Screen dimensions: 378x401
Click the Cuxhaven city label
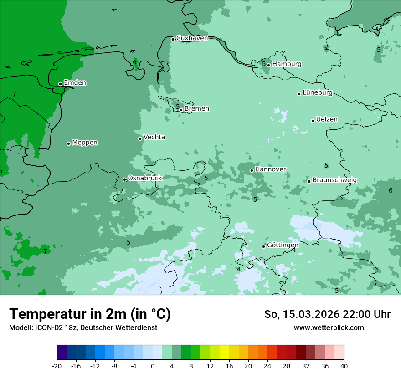192,38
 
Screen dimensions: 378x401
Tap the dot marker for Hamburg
269,65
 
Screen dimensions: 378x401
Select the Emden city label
75,83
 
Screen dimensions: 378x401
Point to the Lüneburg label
318,93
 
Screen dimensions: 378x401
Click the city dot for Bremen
181,110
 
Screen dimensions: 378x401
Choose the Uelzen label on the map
327,120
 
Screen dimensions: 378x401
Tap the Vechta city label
154,137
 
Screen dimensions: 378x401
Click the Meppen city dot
69,143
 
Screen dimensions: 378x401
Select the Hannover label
270,169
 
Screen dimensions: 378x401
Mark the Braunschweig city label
334,180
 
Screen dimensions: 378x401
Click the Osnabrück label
145,179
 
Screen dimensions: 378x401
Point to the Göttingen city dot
263,246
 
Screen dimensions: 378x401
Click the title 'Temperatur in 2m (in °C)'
90,314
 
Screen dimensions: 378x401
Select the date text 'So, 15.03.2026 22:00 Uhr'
327,314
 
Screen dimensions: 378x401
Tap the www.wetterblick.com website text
329,328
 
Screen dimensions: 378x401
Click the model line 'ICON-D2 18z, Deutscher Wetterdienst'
83,328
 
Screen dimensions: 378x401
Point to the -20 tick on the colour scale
57,366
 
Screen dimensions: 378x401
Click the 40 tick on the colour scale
344,366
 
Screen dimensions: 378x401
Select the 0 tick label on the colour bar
153,366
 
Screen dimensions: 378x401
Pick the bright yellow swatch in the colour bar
224,352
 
